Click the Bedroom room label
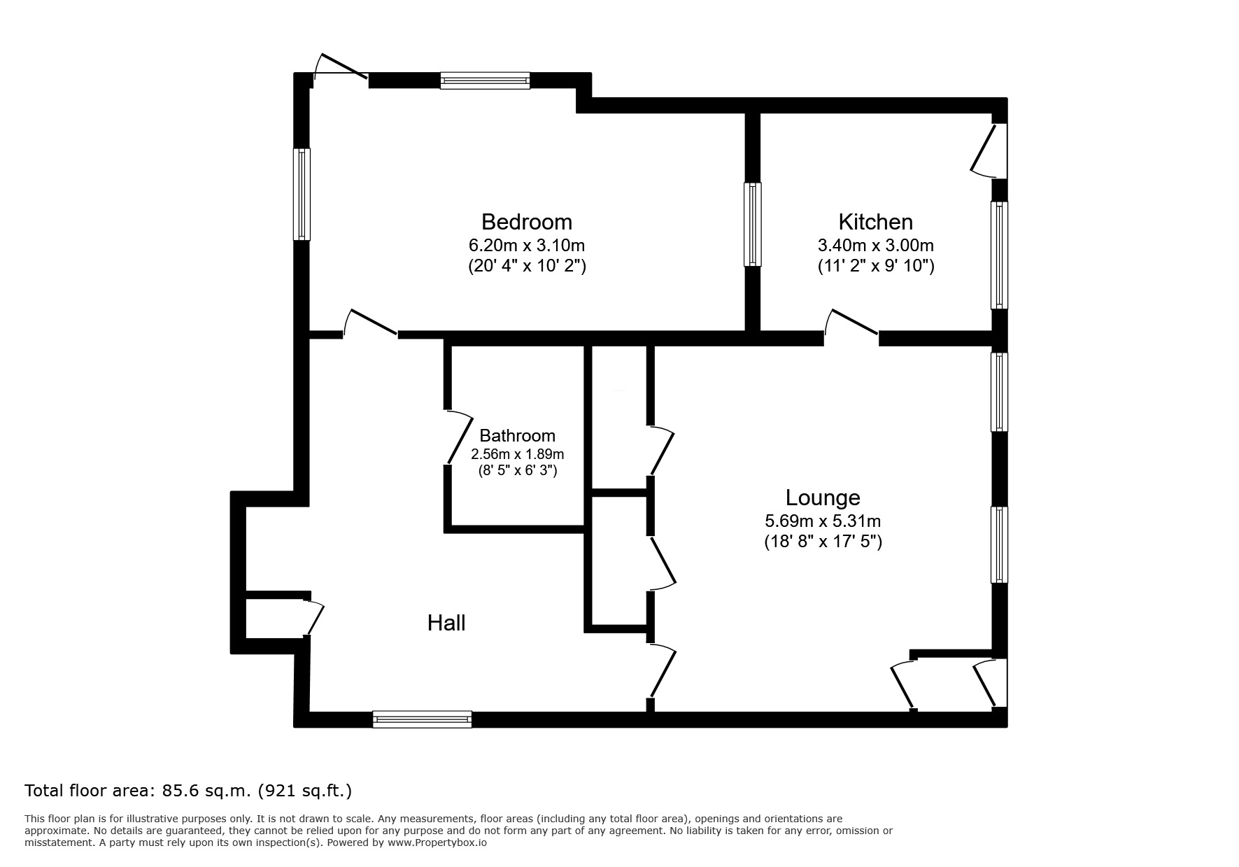(526, 222)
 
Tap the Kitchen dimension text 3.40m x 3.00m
(875, 246)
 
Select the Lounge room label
(823, 498)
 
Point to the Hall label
(446, 623)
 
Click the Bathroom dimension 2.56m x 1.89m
(517, 454)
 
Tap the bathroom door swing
(459, 437)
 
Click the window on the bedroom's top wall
(485, 80)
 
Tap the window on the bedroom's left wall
(302, 194)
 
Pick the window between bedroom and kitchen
(752, 224)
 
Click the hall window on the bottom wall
(422, 719)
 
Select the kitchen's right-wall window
(999, 255)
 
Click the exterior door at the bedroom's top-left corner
(341, 69)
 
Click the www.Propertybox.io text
(437, 843)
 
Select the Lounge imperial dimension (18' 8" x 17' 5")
(823, 541)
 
